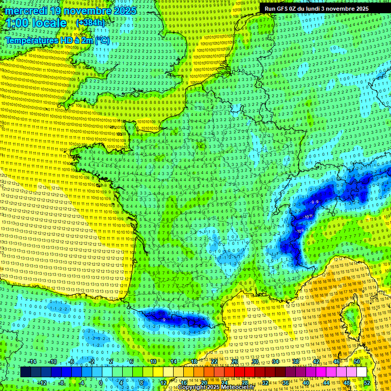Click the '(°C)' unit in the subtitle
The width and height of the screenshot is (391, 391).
[102, 40]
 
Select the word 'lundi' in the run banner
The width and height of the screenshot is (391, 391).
[318, 9]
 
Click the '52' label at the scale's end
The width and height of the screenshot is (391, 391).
[367, 383]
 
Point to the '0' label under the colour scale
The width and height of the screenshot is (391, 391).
[101, 383]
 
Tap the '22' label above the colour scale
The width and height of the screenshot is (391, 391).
[214, 361]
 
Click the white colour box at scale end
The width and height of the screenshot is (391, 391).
[361, 372]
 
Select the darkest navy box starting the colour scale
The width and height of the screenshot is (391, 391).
[25, 372]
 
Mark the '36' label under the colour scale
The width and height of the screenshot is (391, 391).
[286, 383]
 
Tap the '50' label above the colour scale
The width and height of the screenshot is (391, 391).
[357, 361]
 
